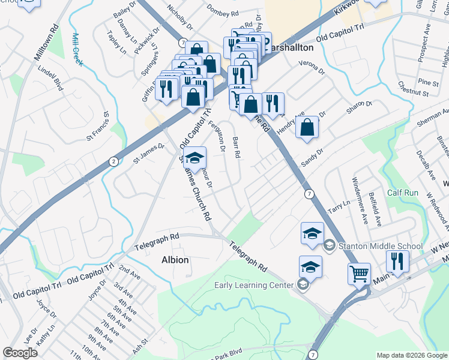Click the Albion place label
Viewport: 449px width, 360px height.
175,260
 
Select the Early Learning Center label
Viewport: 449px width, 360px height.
254,285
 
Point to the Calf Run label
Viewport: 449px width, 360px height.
403,193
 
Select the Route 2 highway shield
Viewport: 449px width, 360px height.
113,161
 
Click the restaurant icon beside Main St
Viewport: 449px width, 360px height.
397,260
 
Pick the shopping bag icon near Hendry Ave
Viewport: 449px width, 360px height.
307,127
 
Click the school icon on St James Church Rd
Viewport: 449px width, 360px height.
194,158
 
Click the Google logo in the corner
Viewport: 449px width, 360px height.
20,353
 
